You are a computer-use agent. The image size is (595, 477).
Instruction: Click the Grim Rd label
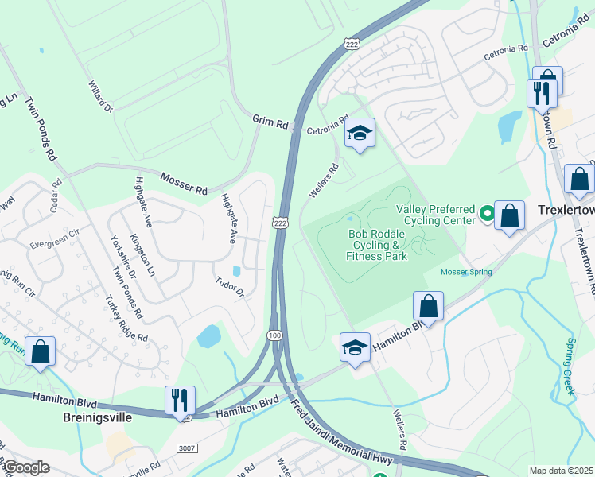[x=270, y=122]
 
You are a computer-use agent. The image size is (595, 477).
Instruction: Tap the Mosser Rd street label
[x=184, y=184]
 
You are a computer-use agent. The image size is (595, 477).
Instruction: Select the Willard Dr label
[x=101, y=95]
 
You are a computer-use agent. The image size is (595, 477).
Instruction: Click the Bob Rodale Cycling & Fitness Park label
[x=377, y=245]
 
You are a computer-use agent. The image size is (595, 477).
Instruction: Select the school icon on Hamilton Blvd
[x=356, y=347]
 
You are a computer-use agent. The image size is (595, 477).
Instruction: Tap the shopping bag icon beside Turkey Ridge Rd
[x=41, y=350]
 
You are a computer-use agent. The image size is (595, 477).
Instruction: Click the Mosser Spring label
[x=466, y=272]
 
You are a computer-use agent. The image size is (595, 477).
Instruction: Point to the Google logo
[x=27, y=467]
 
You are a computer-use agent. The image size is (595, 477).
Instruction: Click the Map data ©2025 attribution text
[x=560, y=471]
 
